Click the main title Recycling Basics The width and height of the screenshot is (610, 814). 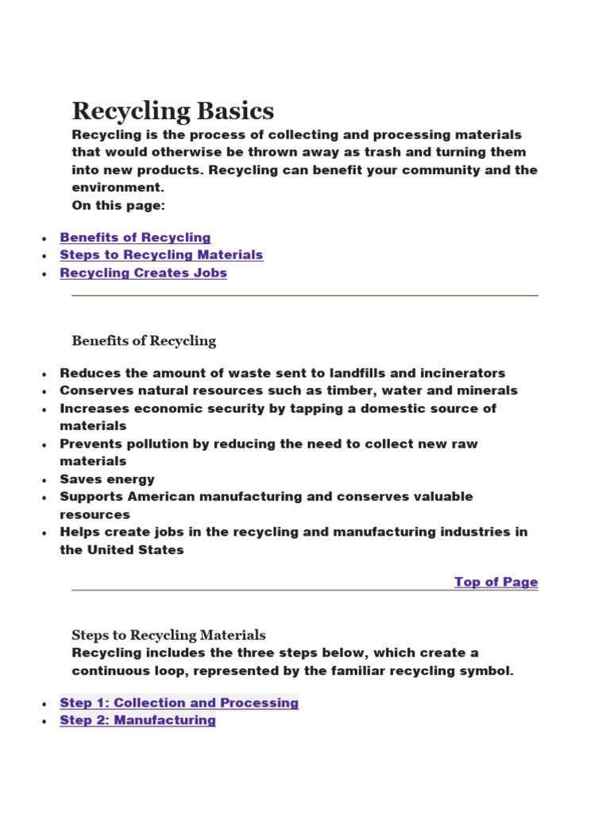tap(173, 110)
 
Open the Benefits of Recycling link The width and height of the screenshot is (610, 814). tap(135, 237)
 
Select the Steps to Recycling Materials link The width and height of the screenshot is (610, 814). tap(161, 254)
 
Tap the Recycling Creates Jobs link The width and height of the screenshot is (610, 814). tap(143, 273)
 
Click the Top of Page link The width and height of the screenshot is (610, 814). tap(496, 582)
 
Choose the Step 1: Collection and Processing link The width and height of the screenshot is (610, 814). tap(179, 703)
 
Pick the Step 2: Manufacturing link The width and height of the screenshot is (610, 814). tap(137, 720)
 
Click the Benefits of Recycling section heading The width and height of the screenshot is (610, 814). tap(144, 341)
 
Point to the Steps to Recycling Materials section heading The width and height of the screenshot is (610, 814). tap(168, 635)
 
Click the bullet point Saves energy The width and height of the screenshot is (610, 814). tap(107, 479)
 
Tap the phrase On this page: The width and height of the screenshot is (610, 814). tap(119, 205)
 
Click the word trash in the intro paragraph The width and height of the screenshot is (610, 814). tap(364, 153)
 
